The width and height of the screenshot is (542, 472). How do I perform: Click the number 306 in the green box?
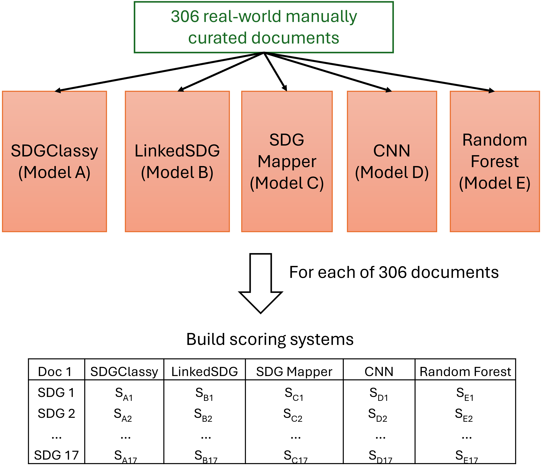[x=185, y=17]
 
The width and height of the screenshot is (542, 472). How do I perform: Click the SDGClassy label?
[x=55, y=151]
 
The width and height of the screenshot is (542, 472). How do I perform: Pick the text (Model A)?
[x=55, y=173]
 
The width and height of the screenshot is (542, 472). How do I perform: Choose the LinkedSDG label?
[x=177, y=151]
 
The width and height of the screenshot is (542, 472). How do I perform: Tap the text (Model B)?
[x=177, y=173]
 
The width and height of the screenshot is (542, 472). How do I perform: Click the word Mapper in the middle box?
[x=287, y=162]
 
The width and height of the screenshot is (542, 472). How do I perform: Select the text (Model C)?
[x=287, y=183]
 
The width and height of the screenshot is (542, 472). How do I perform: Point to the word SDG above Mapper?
[x=287, y=140]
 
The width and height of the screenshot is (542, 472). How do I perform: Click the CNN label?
[x=392, y=151]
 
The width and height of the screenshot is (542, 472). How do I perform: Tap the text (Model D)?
[x=392, y=173]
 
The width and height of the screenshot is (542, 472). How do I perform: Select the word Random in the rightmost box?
[x=495, y=140]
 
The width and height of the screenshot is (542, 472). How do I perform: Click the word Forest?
[x=495, y=161]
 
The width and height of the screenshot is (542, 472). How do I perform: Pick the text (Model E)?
[x=495, y=183]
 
